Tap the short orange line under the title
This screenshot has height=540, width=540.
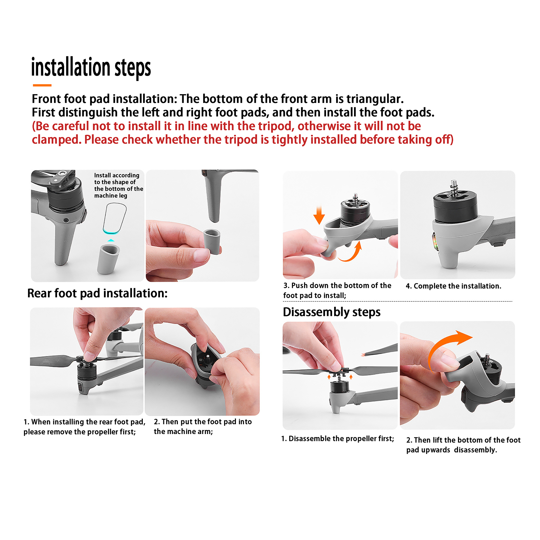[42, 85]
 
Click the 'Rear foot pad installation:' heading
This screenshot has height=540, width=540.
[97, 293]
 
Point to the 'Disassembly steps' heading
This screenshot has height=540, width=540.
[332, 312]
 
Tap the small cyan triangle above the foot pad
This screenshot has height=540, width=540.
[111, 240]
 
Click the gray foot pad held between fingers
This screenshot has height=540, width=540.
[212, 242]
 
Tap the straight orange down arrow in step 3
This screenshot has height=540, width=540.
[319, 215]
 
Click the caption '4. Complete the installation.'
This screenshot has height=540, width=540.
[453, 286]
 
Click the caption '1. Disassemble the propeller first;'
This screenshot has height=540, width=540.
[337, 438]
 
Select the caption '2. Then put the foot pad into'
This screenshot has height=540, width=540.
[203, 422]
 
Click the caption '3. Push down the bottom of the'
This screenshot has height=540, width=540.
[337, 286]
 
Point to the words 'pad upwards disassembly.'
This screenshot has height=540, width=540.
[452, 450]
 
